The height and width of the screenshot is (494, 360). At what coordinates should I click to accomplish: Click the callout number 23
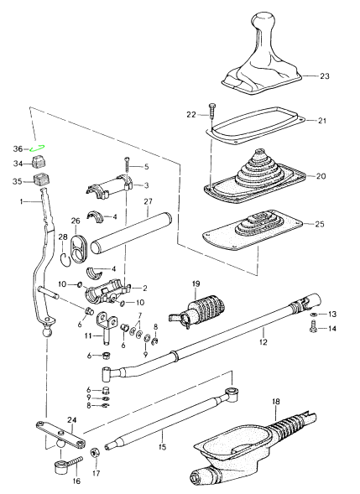point(325,76)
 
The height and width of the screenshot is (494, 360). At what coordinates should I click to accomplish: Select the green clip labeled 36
point(38,148)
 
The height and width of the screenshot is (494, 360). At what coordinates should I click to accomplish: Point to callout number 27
point(148,201)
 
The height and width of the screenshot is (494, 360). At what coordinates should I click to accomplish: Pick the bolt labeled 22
point(211,115)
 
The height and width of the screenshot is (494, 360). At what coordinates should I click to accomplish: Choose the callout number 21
point(322,121)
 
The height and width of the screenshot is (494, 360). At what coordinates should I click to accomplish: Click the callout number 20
point(321,176)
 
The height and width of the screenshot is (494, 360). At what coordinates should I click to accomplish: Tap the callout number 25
point(320,224)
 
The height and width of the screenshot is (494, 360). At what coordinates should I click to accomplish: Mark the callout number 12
point(263,342)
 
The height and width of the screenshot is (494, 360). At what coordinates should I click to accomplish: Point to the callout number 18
point(276,402)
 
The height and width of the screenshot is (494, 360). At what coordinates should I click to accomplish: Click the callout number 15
point(163,447)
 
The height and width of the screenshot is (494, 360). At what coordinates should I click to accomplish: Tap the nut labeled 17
point(95,453)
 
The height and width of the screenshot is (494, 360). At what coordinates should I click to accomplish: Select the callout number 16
point(76,481)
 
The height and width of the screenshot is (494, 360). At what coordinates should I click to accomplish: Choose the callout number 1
point(22,200)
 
